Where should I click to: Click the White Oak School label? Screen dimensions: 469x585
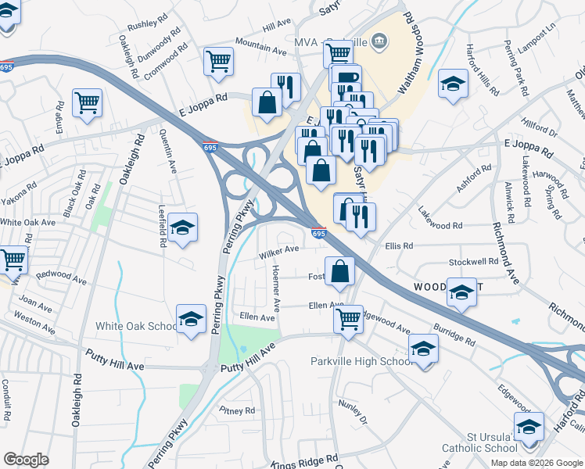[136, 326]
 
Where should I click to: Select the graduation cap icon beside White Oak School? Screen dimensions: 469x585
[190, 320]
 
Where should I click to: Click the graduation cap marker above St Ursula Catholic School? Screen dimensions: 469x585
[529, 428]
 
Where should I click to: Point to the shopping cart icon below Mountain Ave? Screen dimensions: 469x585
[218, 61]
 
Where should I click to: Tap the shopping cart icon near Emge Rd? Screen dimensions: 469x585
[87, 102]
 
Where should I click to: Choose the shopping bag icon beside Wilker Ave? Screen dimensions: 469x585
[340, 271]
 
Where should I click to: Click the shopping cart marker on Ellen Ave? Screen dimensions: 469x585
[347, 318]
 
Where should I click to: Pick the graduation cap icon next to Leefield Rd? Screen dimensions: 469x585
[183, 227]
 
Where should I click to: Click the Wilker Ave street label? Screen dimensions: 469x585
[280, 251]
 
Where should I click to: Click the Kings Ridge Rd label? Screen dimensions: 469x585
[304, 461]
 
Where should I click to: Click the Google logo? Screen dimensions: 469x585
[26, 460]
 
